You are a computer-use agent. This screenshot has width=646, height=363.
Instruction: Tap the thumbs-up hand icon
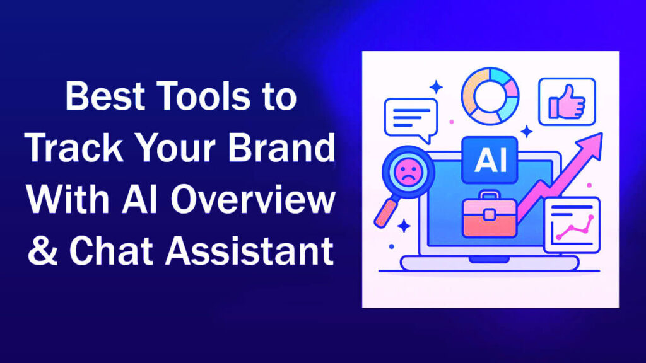coord(567,101)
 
